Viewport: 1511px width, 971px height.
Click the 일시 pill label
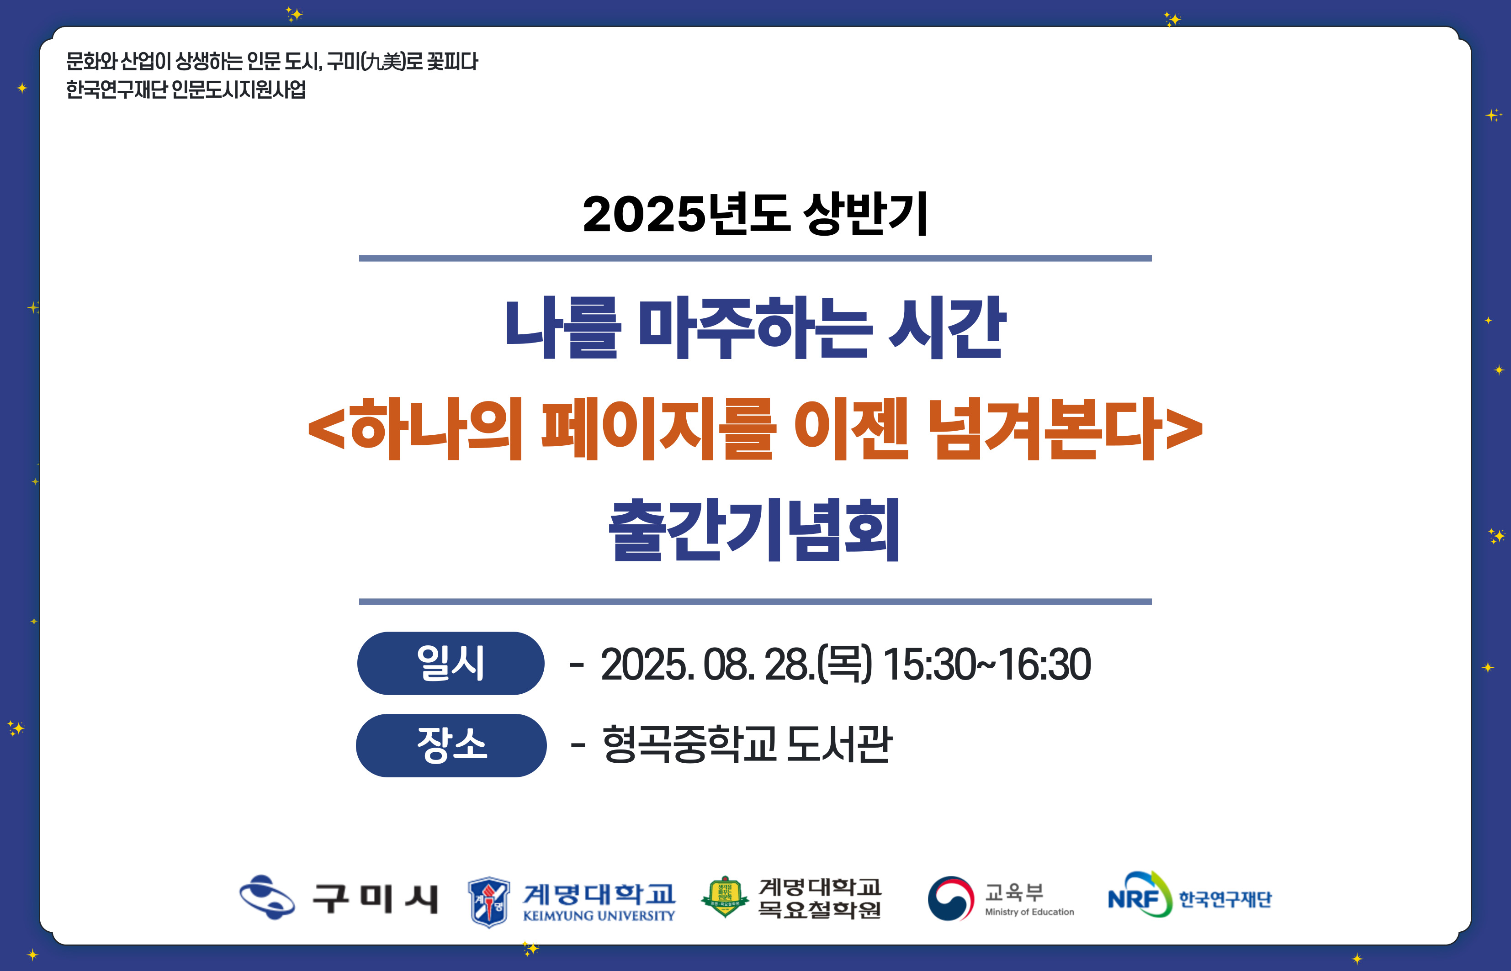click(x=450, y=663)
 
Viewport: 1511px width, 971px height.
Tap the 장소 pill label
click(x=451, y=745)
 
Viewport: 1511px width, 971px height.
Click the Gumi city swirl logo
click(x=267, y=897)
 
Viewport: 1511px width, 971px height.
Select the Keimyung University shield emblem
click(x=489, y=902)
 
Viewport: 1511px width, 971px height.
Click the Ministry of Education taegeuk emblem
click(x=951, y=898)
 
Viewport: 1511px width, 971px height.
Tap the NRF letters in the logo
click(x=1133, y=898)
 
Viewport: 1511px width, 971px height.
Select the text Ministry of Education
click(x=1029, y=912)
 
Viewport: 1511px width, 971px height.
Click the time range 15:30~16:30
click(x=986, y=665)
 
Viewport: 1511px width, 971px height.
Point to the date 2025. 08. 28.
click(x=708, y=665)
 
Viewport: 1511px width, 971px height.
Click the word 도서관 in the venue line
click(x=839, y=744)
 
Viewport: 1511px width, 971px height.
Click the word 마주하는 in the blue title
click(x=756, y=328)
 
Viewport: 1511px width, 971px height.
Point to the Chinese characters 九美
click(x=385, y=62)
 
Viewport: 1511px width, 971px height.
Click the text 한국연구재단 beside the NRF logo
click(x=1225, y=899)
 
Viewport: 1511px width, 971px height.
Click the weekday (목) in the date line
click(x=844, y=665)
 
